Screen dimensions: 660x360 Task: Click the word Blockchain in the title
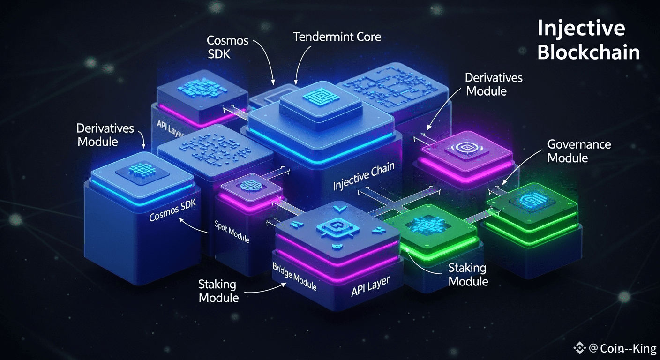click(x=588, y=52)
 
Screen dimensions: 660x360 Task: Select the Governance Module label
click(x=579, y=151)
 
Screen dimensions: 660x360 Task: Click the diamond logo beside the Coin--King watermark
click(x=580, y=348)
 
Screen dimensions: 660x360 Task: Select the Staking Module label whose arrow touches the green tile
click(x=468, y=275)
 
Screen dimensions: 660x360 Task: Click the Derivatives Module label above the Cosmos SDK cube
click(x=105, y=135)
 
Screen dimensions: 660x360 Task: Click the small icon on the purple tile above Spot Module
click(x=247, y=187)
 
